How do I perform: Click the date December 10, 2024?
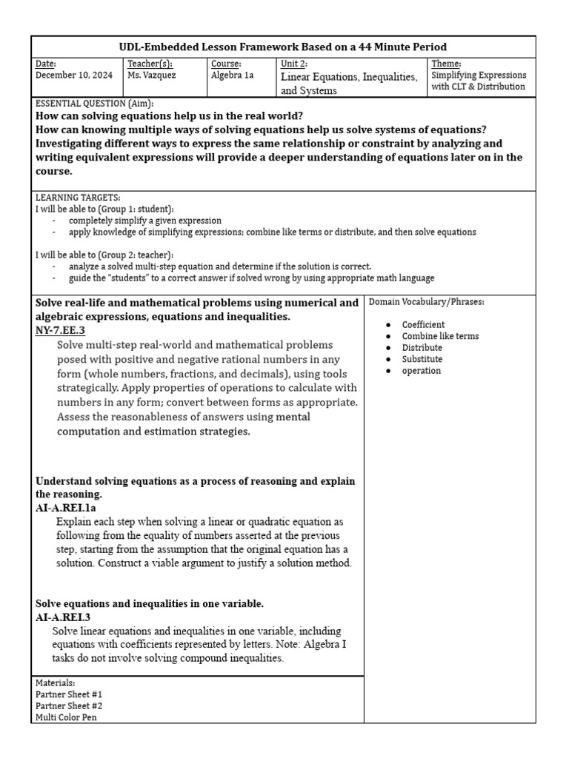point(72,76)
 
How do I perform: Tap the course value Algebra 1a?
point(232,76)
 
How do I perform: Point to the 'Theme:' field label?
point(446,64)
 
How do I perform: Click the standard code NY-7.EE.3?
point(60,330)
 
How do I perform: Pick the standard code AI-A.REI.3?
point(63,617)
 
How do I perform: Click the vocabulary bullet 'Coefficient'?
point(423,324)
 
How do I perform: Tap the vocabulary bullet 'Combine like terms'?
point(440,336)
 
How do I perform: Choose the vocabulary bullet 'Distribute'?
point(422,348)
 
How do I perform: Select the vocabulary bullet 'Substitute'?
point(422,359)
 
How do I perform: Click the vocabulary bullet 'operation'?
point(421,371)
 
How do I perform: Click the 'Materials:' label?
point(55,682)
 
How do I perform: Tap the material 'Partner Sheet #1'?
point(69,694)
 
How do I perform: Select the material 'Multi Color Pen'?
point(66,717)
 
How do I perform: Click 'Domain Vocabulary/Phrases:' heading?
point(426,302)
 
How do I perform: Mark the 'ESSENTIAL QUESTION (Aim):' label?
point(94,104)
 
